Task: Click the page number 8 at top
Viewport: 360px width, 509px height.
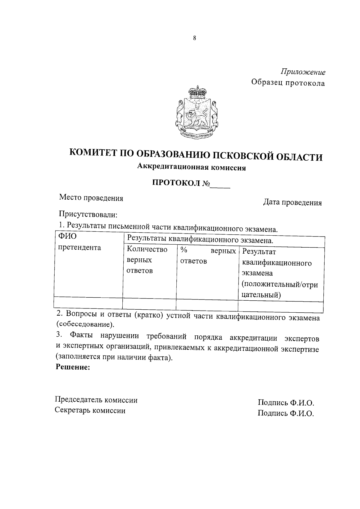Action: [x=195, y=38]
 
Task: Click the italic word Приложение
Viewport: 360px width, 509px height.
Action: [x=303, y=72]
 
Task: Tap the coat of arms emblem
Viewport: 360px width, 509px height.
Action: [x=196, y=112]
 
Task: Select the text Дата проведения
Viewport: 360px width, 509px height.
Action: [x=292, y=203]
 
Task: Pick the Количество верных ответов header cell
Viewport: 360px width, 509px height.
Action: [x=147, y=260]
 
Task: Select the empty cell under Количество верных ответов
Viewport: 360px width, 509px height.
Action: [x=149, y=304]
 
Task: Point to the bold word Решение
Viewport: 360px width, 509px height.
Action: [x=73, y=367]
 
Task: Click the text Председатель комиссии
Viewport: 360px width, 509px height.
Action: [x=96, y=400]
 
